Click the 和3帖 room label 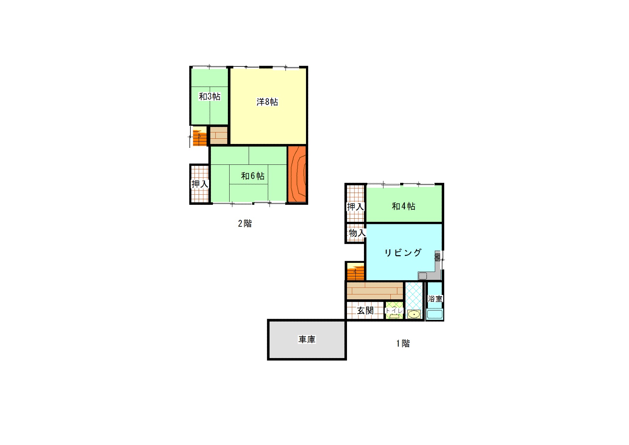pyautogui.click(x=209, y=97)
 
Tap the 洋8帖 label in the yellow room pyautogui.click(x=267, y=102)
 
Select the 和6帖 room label pyautogui.click(x=253, y=176)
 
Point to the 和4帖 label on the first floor pyautogui.click(x=404, y=206)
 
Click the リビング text pyautogui.click(x=403, y=253)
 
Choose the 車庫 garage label pyautogui.click(x=307, y=339)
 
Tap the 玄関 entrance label pyautogui.click(x=365, y=310)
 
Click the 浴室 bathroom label pyautogui.click(x=435, y=299)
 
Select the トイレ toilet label pyautogui.click(x=394, y=310)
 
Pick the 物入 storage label pyautogui.click(x=357, y=233)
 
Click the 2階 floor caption pyautogui.click(x=245, y=224)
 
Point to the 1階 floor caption pyautogui.click(x=403, y=343)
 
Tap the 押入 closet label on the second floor pyautogui.click(x=200, y=184)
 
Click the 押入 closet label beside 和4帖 pyautogui.click(x=355, y=207)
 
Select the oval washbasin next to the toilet pyautogui.click(x=414, y=315)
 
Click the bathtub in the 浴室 pyautogui.click(x=434, y=314)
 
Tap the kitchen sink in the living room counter pyautogui.click(x=423, y=276)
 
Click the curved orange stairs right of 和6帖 pyautogui.click(x=297, y=174)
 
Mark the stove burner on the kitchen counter pyautogui.click(x=438, y=257)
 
